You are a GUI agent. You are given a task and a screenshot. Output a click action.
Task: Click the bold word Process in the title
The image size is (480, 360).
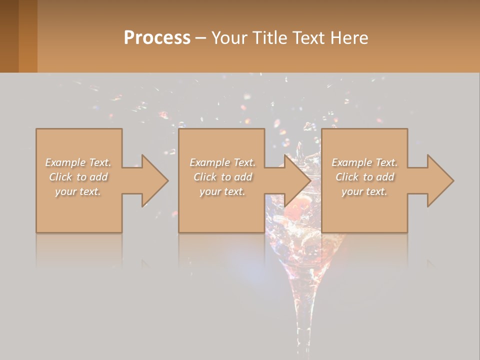coord(157,38)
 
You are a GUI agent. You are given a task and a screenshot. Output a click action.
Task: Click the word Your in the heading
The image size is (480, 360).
coord(229,38)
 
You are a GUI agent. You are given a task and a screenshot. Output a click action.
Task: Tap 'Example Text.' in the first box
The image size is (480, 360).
coord(78,162)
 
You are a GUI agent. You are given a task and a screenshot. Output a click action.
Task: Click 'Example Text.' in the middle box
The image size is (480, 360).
coord(222,162)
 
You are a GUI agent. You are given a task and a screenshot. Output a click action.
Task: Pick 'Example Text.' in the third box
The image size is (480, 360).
coord(364,162)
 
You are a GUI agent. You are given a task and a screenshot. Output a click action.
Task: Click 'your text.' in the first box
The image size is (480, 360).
coord(78,191)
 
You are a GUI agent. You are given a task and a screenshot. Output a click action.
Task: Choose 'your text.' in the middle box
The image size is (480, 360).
coord(222,191)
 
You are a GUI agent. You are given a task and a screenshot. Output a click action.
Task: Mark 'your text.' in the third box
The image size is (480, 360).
coord(364,191)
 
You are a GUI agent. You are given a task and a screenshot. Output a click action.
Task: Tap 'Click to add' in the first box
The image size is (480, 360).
coord(78,177)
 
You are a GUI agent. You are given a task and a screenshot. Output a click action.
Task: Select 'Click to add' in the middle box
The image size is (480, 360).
coord(222,177)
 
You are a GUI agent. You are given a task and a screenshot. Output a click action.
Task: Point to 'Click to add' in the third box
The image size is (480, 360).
coord(364,177)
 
